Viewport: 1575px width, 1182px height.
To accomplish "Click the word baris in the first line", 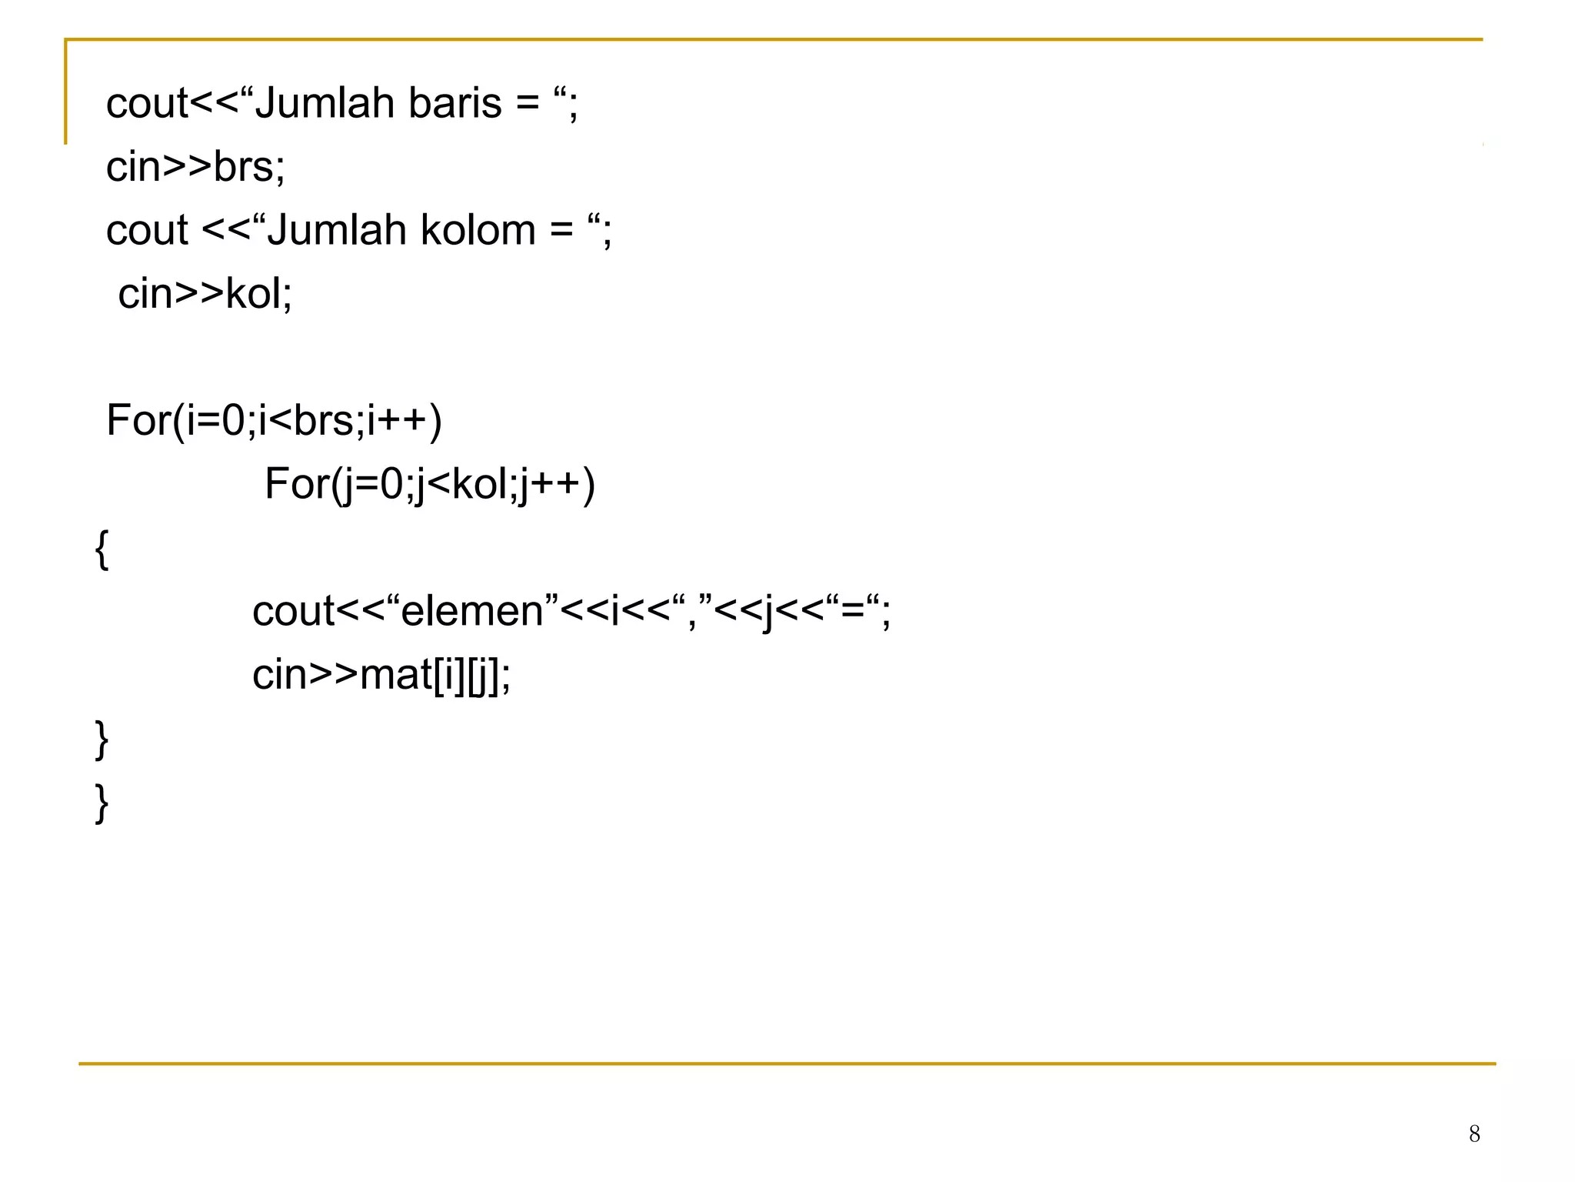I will pos(455,103).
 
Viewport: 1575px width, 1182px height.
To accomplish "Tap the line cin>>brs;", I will pos(195,167).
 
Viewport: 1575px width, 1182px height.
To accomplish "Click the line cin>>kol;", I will pos(205,294).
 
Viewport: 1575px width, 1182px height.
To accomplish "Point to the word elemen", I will pos(472,612).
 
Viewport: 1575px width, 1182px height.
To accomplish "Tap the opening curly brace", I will pos(102,549).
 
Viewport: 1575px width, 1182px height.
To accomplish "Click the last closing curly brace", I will pos(102,803).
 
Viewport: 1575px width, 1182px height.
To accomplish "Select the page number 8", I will pos(1473,1134).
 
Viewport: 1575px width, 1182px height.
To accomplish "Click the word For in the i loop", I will pos(137,421).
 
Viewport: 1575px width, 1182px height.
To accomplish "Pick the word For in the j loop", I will pos(296,484).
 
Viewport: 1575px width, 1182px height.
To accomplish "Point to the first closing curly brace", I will pos(102,740).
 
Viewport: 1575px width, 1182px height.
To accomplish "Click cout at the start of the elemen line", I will pos(293,612).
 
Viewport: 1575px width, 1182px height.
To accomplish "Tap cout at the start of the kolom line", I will pos(146,230).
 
